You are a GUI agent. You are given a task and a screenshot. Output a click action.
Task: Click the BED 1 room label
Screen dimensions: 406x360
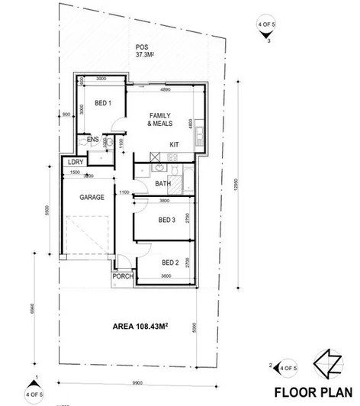click(x=103, y=103)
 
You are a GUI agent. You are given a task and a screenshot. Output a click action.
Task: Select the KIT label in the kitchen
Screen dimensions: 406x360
click(x=173, y=143)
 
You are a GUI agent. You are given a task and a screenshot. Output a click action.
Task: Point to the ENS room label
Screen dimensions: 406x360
click(x=92, y=140)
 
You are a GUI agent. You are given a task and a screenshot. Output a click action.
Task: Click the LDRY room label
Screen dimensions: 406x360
click(x=75, y=163)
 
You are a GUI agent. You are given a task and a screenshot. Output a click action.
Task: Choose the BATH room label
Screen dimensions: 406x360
click(x=162, y=184)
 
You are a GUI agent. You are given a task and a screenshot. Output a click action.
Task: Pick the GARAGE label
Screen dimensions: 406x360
click(x=92, y=197)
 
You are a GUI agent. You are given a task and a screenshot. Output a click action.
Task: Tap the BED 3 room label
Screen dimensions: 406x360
click(x=167, y=220)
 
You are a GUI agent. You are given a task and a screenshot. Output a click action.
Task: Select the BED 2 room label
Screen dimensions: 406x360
click(x=170, y=263)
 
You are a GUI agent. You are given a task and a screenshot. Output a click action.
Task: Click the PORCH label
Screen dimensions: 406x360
click(x=122, y=276)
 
